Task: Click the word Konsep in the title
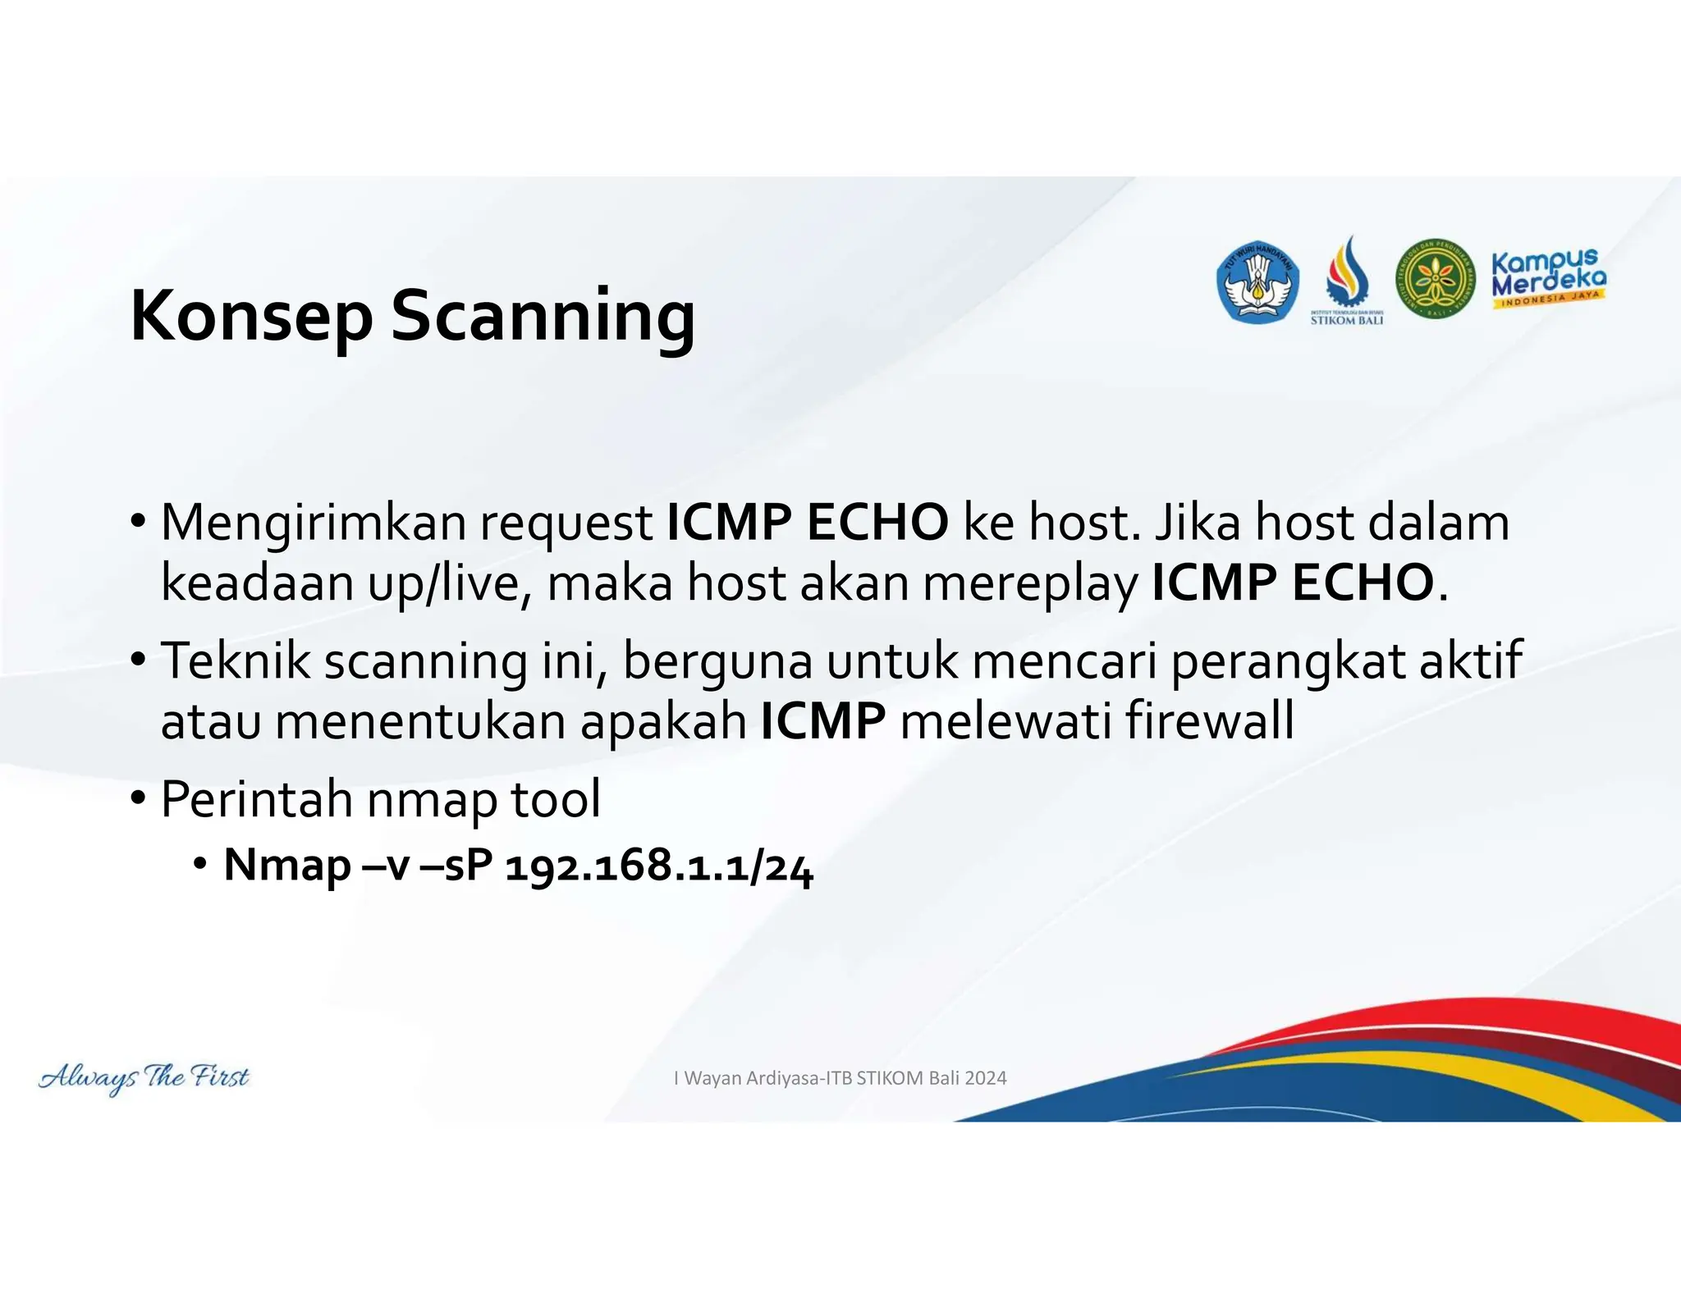click(x=251, y=317)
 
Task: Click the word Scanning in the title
click(x=543, y=317)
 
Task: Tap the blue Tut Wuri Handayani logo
click(x=1257, y=282)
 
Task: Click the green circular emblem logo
click(x=1435, y=280)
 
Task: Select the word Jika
click(x=1197, y=523)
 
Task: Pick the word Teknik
click(x=235, y=660)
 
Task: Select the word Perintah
click(x=255, y=799)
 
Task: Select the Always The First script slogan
click(x=144, y=1076)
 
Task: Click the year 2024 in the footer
click(x=986, y=1078)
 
